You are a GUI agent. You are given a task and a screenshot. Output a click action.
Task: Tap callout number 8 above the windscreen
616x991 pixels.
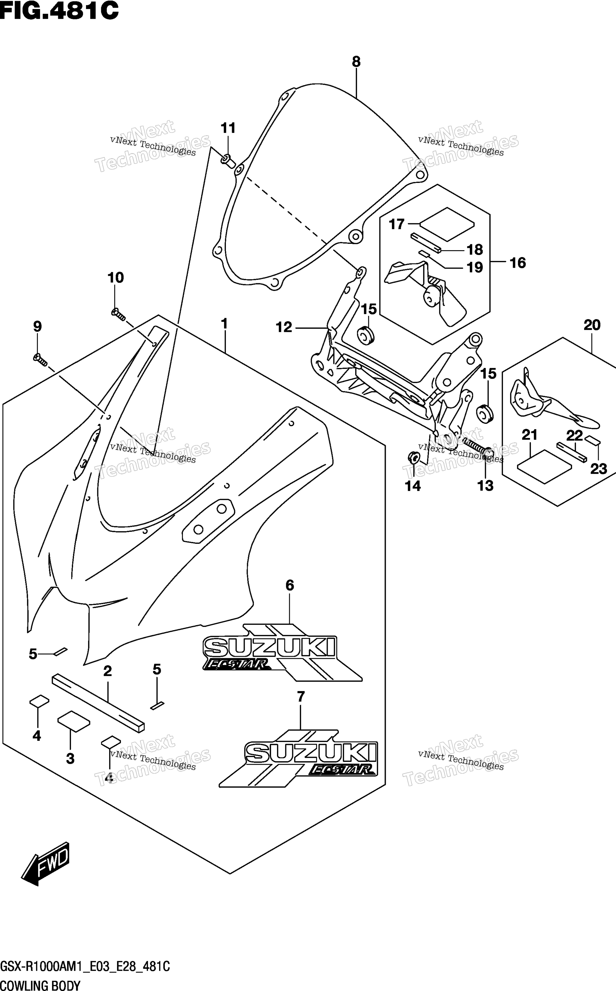pos(356,62)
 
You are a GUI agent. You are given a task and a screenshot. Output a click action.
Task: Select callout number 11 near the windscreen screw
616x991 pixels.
pos(228,128)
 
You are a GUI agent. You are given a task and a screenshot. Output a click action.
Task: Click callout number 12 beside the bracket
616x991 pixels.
pos(284,327)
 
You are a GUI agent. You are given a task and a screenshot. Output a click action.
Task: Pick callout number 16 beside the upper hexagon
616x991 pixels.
pos(518,263)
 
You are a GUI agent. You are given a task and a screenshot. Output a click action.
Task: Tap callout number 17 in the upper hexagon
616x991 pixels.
pos(396,224)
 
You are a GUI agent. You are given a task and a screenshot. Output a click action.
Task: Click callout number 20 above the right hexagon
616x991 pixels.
pos(592,325)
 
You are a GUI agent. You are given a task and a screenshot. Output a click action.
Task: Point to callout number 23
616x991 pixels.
pos(598,469)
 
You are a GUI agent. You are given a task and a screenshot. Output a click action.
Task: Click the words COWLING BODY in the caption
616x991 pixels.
pos(40,985)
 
